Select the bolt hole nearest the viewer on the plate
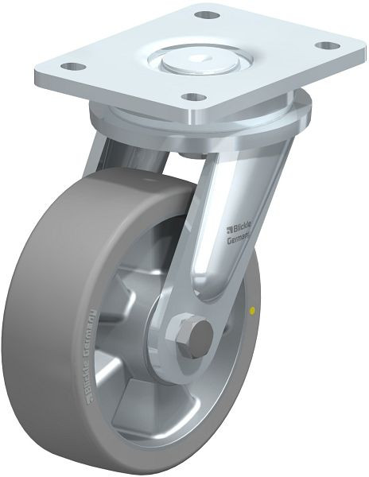tap(191, 98)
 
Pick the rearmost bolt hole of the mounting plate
tap(207, 15)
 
